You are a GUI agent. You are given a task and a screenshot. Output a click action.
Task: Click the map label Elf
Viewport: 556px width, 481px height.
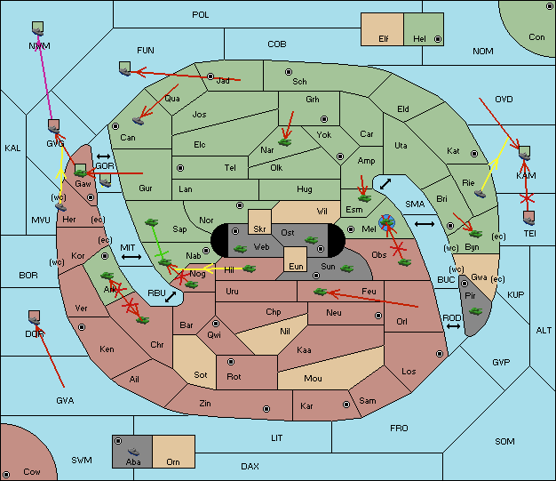384,39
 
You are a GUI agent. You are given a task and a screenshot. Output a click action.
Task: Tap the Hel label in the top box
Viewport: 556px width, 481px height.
420,39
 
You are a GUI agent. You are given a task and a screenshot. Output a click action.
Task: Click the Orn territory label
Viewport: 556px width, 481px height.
171,462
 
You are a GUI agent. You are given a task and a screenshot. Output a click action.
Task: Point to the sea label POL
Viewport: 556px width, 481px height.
201,15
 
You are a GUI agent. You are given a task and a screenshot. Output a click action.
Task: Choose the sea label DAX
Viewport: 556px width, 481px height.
250,466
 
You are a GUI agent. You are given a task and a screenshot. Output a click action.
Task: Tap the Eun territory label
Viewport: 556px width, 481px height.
296,266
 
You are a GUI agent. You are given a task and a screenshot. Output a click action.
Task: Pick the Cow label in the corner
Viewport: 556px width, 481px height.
32,471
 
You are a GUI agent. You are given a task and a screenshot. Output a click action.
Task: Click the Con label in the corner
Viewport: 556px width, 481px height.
536,37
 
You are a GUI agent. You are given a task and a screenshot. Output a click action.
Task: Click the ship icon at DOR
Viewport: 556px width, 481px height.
35,317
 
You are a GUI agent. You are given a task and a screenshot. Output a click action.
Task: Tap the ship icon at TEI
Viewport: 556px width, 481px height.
529,217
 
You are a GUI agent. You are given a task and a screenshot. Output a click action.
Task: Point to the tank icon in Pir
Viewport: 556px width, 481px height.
475,311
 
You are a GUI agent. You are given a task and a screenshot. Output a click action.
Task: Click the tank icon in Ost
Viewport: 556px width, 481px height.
311,239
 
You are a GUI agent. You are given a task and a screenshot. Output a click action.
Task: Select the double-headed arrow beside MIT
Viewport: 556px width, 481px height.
132,257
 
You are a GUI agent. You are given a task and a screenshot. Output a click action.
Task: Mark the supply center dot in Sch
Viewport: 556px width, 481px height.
287,70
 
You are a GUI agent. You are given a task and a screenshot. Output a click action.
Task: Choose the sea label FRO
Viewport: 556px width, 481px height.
399,429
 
